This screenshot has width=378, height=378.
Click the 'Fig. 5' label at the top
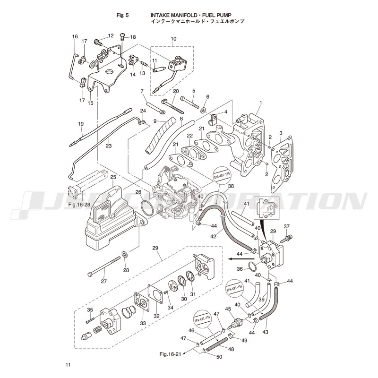[x=122, y=15]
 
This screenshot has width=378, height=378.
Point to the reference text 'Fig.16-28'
[x=79, y=205]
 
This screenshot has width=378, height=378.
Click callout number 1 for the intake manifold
[x=260, y=103]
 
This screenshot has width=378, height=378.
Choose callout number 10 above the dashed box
[x=173, y=38]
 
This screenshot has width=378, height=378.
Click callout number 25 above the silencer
[x=113, y=177]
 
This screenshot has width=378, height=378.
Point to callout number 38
[x=231, y=187]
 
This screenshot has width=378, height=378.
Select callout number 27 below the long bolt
[x=104, y=281]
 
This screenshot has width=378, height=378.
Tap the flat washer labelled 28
[x=125, y=255]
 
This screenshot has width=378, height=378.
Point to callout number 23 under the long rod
[x=109, y=146]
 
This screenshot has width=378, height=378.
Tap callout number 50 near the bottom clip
[x=219, y=357]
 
